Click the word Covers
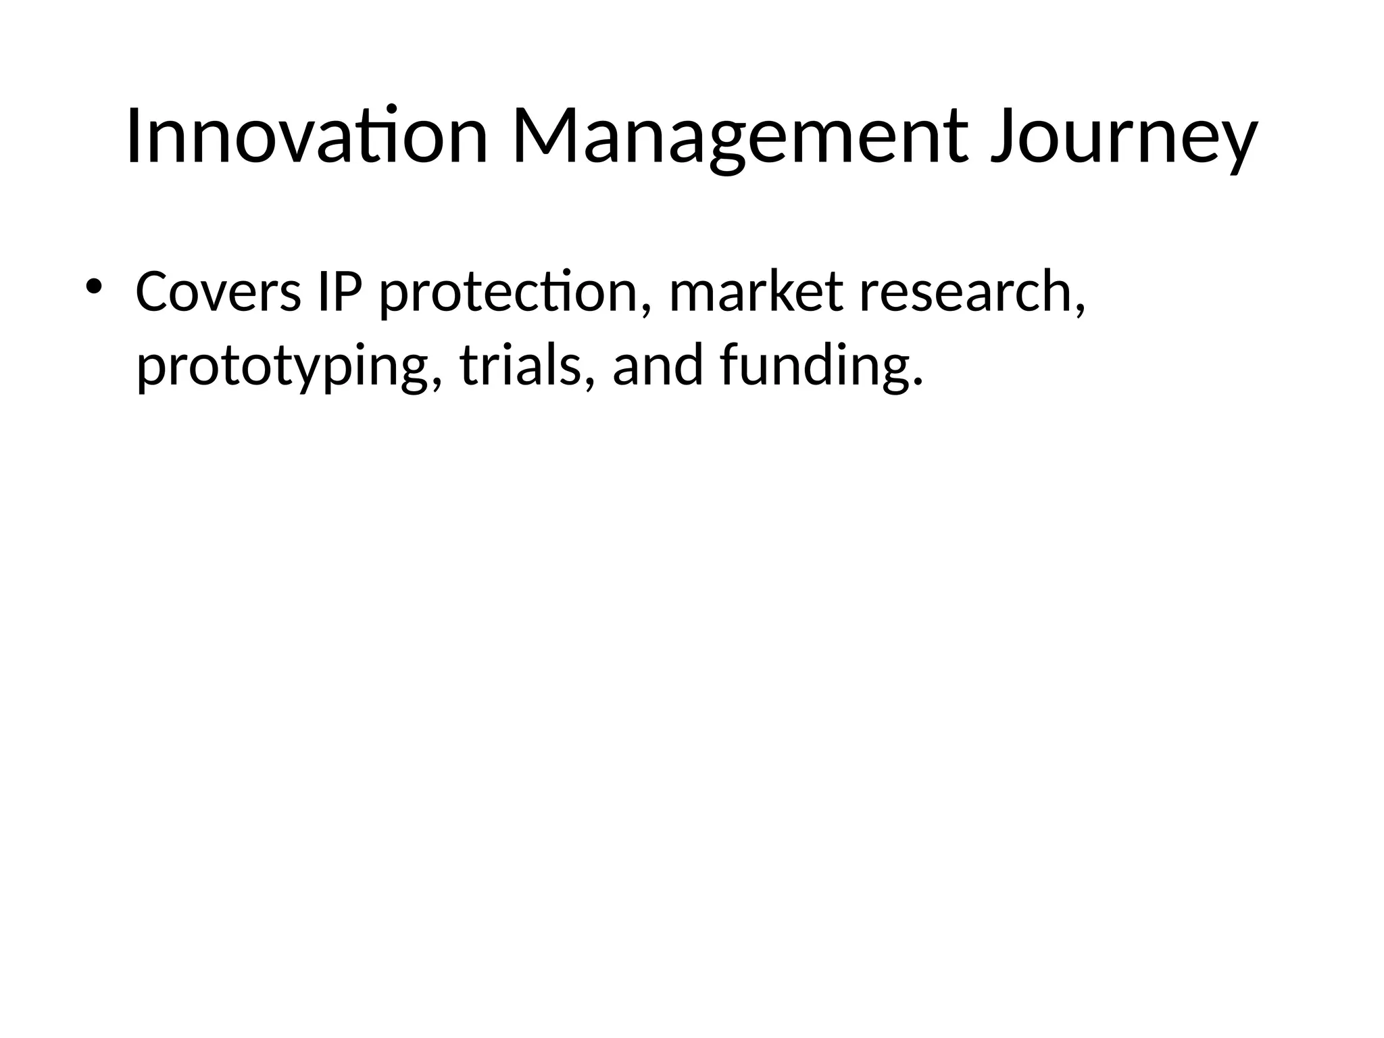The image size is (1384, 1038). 218,292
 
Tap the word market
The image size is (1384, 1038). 756,292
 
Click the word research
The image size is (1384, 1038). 965,292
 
